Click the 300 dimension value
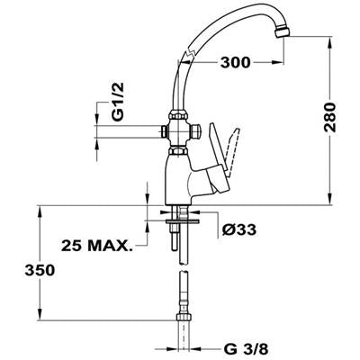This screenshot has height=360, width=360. pyautogui.click(x=235, y=62)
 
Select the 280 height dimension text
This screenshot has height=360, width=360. pyautogui.click(x=329, y=117)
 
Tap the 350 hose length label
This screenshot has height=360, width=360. pyautogui.click(x=40, y=270)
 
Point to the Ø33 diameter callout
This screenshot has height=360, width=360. pyautogui.click(x=239, y=229)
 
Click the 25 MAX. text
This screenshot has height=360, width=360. pyautogui.click(x=96, y=246)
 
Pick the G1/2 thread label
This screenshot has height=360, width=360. pyautogui.click(x=118, y=102)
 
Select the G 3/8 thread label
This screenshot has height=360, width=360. pyautogui.click(x=246, y=349)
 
